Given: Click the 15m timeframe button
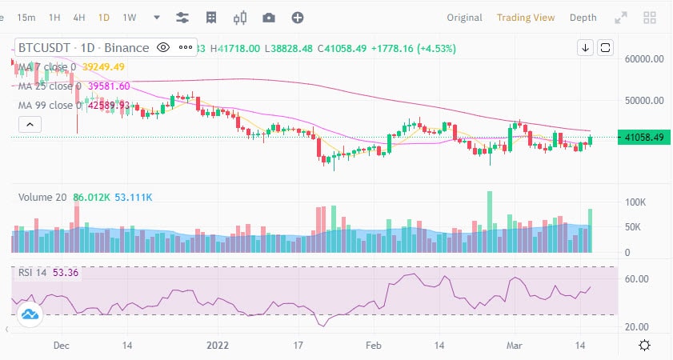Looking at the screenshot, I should coord(26,18).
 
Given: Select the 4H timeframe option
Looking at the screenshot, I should coord(78,18).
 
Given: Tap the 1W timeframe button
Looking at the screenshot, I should coord(129,18).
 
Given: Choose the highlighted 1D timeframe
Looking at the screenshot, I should coord(104,18).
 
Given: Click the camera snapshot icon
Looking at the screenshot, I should coord(269,18).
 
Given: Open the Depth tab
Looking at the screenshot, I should coord(583,18).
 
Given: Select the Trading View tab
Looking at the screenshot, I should coord(525,18).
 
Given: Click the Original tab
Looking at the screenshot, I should coord(464,18).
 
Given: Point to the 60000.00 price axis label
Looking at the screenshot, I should coord(646,59).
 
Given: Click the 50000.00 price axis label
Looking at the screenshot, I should coord(646,101).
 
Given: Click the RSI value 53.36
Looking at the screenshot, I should coord(66,272).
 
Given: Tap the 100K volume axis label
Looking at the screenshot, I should coord(636,202).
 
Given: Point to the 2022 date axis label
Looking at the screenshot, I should coord(218,345).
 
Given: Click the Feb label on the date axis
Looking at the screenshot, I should coord(374,345).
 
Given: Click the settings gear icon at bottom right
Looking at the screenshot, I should coord(644,345).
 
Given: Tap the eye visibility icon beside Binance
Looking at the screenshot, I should coord(163,48).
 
